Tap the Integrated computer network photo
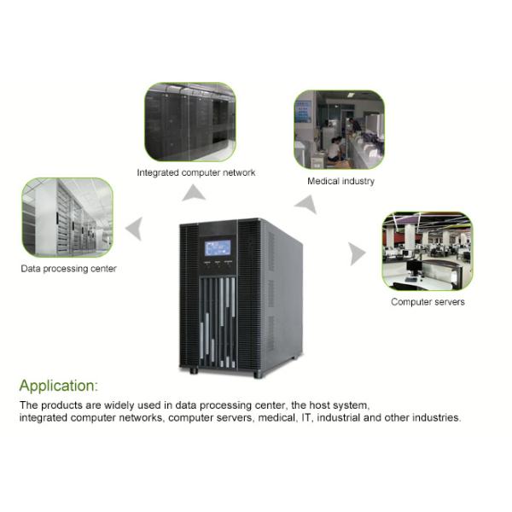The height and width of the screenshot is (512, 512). tap(189, 121)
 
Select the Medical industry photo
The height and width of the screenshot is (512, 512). tap(339, 130)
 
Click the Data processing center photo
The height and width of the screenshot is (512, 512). tap(67, 217)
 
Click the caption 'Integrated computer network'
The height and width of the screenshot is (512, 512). tap(196, 172)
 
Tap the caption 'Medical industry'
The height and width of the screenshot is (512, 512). tap(340, 181)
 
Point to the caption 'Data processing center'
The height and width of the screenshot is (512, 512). tap(68, 269)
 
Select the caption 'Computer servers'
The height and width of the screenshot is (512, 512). tap(428, 302)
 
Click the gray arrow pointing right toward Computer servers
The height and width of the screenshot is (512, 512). tap(357, 253)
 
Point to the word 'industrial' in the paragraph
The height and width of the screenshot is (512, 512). tap(340, 418)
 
